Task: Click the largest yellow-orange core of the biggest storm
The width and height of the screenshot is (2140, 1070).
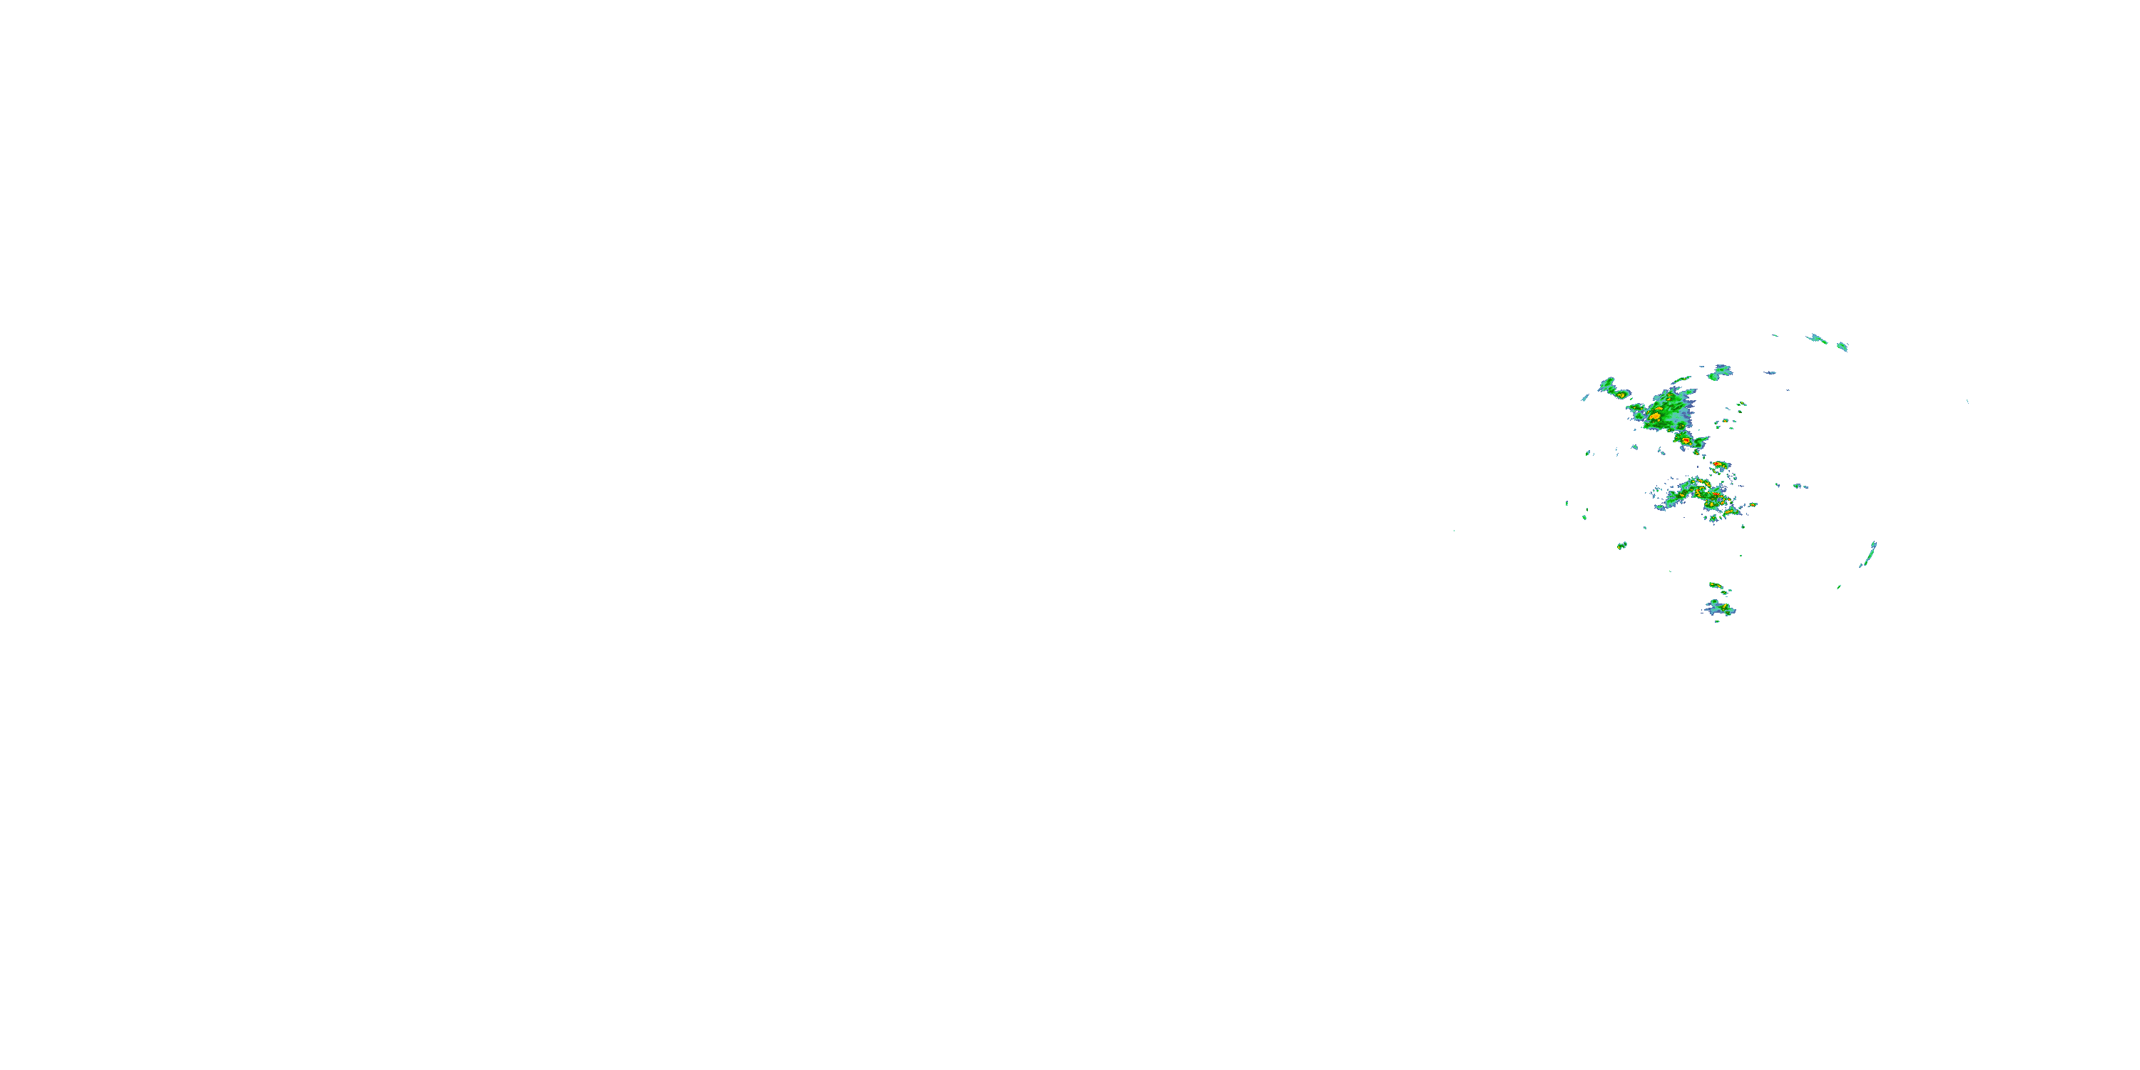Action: pyautogui.click(x=1656, y=414)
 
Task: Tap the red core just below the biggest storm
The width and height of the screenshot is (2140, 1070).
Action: pyautogui.click(x=1686, y=440)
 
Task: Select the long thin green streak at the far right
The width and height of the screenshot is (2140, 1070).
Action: pyautogui.click(x=1869, y=554)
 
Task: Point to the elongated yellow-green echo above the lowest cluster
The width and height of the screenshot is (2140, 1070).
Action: pyautogui.click(x=1714, y=586)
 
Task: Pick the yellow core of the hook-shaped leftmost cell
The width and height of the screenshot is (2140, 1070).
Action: pyautogui.click(x=1620, y=394)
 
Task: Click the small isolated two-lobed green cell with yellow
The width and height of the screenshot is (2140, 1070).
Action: pyautogui.click(x=1621, y=546)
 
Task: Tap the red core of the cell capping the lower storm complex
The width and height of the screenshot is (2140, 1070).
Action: pyautogui.click(x=1717, y=464)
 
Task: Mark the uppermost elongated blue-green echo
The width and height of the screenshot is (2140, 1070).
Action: pyautogui.click(x=1818, y=338)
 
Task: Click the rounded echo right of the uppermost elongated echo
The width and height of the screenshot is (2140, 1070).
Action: pyautogui.click(x=1842, y=345)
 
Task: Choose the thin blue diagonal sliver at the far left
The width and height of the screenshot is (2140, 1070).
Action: pyautogui.click(x=1585, y=398)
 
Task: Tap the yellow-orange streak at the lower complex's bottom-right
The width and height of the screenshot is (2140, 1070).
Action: pyautogui.click(x=1731, y=513)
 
